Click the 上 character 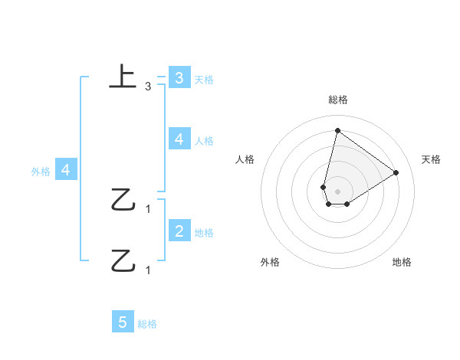123,77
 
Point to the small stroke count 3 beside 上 148,87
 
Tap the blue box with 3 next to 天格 179,77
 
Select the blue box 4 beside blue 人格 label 179,139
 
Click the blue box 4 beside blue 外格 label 65,169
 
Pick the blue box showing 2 179,231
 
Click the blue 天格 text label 204,79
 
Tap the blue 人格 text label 204,140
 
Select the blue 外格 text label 41,172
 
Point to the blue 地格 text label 204,233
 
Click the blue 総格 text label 147,325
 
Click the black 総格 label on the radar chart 337,100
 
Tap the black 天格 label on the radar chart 431,159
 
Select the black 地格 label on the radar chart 402,262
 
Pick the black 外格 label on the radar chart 270,262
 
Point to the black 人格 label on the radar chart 245,159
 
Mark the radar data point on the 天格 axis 396,172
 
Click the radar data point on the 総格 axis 337,130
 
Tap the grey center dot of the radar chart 337,191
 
